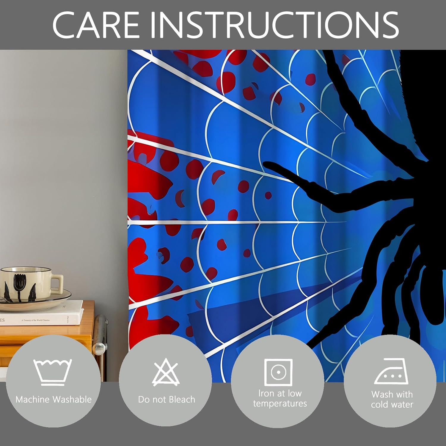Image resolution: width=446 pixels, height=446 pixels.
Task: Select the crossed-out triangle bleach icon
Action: [166, 372]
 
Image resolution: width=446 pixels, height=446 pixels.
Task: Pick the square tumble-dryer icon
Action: [278, 372]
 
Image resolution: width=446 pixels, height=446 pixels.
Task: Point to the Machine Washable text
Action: [54, 399]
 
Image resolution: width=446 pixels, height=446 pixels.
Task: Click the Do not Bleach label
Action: [167, 399]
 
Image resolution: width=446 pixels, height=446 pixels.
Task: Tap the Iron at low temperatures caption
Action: [280, 398]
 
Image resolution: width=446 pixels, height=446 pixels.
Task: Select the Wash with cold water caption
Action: [392, 399]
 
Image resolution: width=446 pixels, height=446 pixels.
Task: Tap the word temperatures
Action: [280, 403]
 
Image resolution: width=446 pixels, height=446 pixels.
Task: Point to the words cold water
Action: [392, 404]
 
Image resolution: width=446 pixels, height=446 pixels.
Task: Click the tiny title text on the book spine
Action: [36, 320]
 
